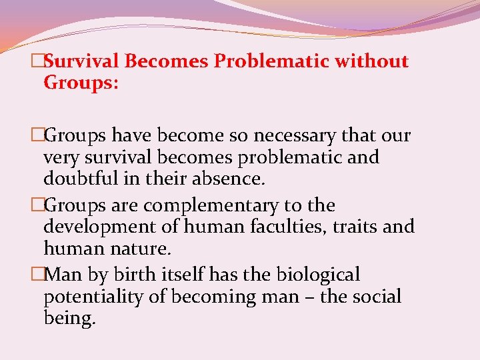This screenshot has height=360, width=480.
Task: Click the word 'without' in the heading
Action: coord(371,61)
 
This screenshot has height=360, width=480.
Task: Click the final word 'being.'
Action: coord(69,317)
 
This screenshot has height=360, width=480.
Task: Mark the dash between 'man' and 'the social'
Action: coord(309,297)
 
